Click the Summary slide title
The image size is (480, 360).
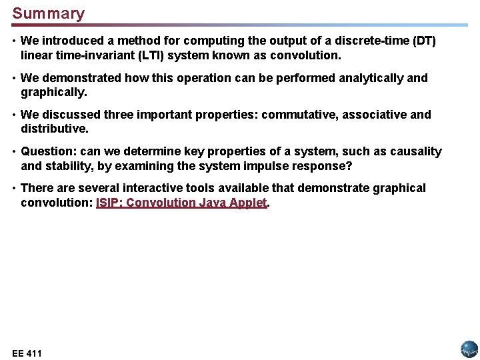[49, 13]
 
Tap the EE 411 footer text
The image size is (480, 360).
[27, 353]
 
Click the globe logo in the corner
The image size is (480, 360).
[469, 349]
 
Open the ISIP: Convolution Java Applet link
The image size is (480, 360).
[181, 203]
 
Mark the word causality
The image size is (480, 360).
[417, 152]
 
